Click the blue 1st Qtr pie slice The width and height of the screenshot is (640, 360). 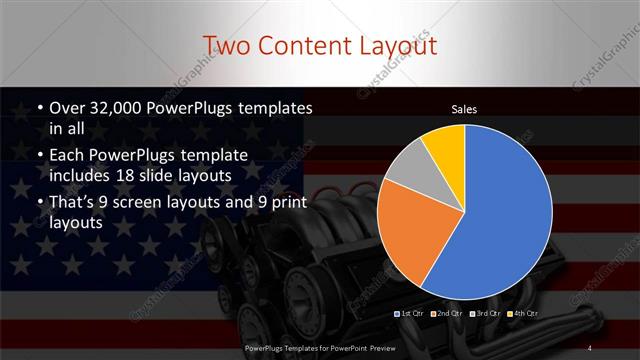(x=500, y=210)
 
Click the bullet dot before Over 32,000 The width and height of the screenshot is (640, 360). (x=39, y=108)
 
